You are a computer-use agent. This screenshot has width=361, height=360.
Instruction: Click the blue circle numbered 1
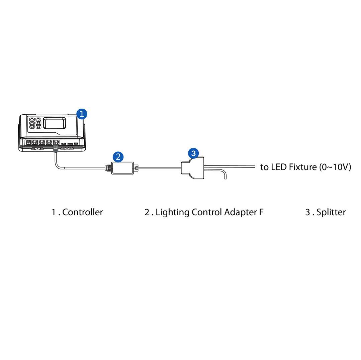82,114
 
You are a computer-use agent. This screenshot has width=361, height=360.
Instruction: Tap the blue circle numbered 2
118,157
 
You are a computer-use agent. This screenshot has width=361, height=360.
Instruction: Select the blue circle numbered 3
193,153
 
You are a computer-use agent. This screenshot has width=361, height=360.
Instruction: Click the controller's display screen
56,123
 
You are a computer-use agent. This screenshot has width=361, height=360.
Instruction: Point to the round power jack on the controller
28,142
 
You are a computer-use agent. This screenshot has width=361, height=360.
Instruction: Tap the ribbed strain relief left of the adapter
108,168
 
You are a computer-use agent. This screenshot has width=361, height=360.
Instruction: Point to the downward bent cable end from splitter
225,175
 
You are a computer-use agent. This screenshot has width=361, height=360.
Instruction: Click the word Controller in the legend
83,212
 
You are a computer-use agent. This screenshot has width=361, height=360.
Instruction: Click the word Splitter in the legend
331,212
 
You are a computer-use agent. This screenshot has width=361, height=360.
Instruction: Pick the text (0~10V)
335,167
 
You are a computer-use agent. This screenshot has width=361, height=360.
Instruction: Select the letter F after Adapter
261,212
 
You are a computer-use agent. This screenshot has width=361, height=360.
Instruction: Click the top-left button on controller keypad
32,119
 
